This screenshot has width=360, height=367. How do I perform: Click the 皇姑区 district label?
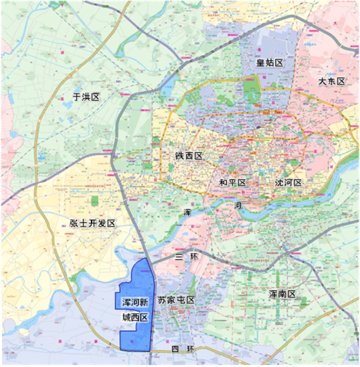tap(270, 62)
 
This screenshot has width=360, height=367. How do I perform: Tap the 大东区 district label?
tap(331, 81)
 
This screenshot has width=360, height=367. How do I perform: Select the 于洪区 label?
tap(86, 97)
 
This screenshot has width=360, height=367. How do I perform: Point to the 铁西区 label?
tap(188, 156)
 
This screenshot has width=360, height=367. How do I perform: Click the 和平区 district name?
tap(232, 182)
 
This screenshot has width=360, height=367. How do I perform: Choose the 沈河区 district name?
tap(288, 182)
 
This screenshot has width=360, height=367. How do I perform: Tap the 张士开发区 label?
tap(92, 224)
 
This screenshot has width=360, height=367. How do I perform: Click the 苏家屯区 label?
tap(176, 300)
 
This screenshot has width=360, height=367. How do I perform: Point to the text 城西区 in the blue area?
tap(135, 319)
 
